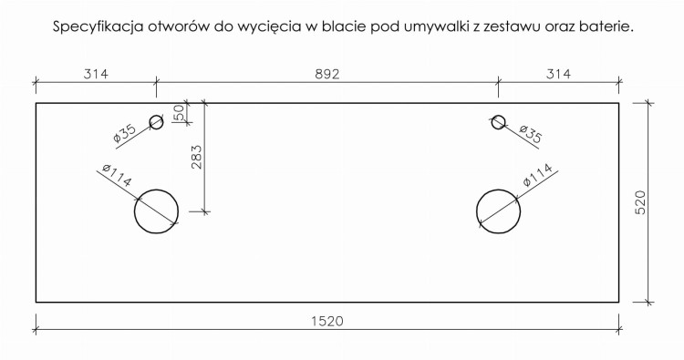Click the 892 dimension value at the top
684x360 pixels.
(x=327, y=74)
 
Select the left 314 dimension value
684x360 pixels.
(x=96, y=74)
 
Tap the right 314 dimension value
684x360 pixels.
(x=558, y=74)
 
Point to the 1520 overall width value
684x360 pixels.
(x=327, y=321)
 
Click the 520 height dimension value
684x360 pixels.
(x=640, y=202)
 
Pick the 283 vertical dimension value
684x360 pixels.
(x=196, y=157)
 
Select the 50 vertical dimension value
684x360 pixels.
(x=180, y=113)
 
